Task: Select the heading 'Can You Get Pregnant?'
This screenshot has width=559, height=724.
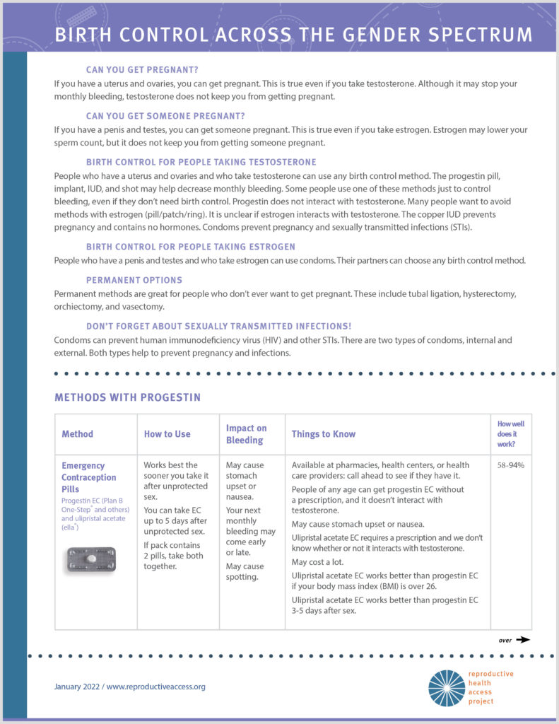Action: (x=142, y=70)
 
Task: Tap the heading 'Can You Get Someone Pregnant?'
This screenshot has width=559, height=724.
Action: (x=165, y=116)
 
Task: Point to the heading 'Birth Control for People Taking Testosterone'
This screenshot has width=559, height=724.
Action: (x=201, y=162)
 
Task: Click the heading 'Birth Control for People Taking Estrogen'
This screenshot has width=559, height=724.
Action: (x=190, y=247)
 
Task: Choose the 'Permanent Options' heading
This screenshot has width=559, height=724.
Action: (x=134, y=280)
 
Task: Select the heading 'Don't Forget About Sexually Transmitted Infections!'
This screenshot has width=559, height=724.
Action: (x=218, y=326)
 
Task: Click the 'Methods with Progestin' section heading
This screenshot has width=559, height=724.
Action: (x=127, y=397)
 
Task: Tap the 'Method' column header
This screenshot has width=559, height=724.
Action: (x=77, y=434)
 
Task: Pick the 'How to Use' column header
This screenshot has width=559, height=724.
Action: (x=167, y=434)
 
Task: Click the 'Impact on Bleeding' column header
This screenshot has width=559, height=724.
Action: (x=246, y=434)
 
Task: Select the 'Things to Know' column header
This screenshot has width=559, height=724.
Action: (x=324, y=434)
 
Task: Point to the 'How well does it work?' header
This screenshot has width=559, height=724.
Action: (x=510, y=434)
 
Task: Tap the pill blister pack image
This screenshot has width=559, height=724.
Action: (x=90, y=559)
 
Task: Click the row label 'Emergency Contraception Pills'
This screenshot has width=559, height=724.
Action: (x=88, y=477)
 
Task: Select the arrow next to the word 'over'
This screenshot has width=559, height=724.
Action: (x=522, y=639)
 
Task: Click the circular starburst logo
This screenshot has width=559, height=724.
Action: (x=446, y=688)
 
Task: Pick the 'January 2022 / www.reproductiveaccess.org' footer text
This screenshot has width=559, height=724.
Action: (x=130, y=687)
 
